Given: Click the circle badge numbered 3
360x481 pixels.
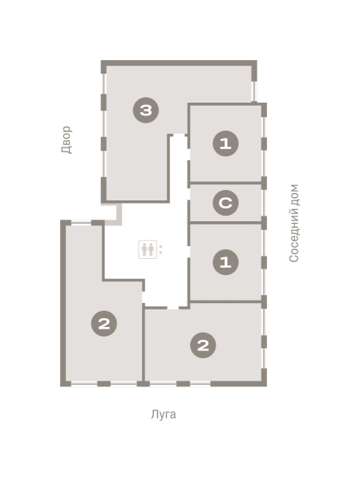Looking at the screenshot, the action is pyautogui.click(x=146, y=110).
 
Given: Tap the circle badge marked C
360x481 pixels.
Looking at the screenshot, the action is pyautogui.click(x=225, y=203).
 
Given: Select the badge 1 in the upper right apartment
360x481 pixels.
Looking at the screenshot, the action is pyautogui.click(x=225, y=143).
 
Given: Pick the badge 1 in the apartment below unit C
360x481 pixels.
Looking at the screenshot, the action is pyautogui.click(x=225, y=262).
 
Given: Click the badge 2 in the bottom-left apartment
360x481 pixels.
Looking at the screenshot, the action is pyautogui.click(x=104, y=323).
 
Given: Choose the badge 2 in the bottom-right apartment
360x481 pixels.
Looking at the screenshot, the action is pyautogui.click(x=203, y=346).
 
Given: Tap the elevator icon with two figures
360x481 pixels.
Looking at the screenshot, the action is pyautogui.click(x=148, y=249).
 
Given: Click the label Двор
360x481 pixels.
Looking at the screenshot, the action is pyautogui.click(x=67, y=139).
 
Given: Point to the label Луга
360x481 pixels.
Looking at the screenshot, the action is pyautogui.click(x=164, y=414).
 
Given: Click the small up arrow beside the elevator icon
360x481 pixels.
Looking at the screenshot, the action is pyautogui.click(x=160, y=246).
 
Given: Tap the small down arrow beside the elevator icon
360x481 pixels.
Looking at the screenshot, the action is pyautogui.click(x=160, y=253).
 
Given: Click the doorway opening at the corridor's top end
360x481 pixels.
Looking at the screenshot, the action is pyautogui.click(x=179, y=135).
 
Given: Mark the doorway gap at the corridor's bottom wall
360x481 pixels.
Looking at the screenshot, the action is pyautogui.click(x=173, y=307).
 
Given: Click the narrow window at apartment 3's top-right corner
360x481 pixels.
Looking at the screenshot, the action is pyautogui.click(x=254, y=91).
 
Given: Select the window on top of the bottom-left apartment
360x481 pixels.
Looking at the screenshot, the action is pyautogui.click(x=81, y=222).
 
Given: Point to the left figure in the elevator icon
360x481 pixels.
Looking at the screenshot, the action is pyautogui.click(x=144, y=249).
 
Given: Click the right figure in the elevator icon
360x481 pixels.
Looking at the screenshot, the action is pyautogui.click(x=151, y=249).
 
